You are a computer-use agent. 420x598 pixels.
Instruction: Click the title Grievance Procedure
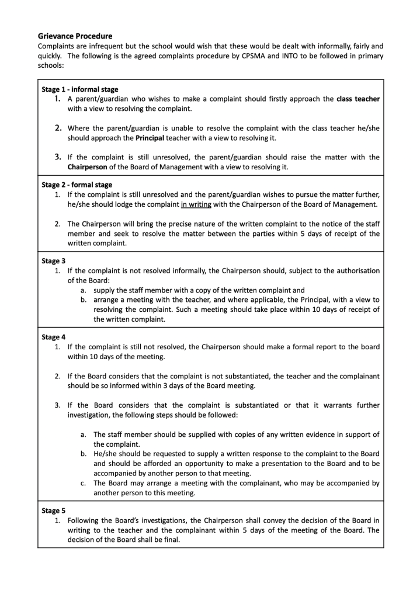coord(75,36)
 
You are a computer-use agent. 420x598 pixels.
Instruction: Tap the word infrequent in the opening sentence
coord(100,46)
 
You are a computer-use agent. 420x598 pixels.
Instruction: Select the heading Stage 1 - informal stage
coord(80,89)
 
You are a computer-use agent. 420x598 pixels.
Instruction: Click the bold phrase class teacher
coord(358,99)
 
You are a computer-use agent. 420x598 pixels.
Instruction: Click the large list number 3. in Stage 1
coord(58,157)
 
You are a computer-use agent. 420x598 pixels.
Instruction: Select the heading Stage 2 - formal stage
coord(77,185)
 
